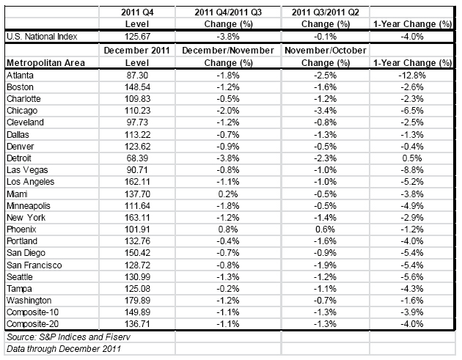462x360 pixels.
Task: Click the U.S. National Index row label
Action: (42, 37)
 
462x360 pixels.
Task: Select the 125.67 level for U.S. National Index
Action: (137, 37)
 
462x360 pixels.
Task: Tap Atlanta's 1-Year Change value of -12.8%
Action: (412, 76)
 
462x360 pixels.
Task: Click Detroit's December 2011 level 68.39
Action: (137, 158)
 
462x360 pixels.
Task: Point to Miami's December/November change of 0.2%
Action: (228, 194)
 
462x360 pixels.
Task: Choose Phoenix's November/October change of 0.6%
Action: (326, 229)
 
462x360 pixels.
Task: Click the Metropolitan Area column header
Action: (45, 63)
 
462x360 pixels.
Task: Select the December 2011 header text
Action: (137, 51)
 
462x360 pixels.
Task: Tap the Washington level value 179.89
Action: (137, 301)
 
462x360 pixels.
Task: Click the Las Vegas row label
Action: (27, 170)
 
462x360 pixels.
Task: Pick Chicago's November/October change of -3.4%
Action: (326, 111)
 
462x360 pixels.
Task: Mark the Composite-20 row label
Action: (32, 324)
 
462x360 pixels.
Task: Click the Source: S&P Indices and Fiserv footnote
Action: (68, 337)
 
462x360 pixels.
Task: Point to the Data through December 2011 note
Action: (64, 349)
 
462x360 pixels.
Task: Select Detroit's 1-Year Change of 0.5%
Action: (412, 158)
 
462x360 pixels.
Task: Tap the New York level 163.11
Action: (137, 218)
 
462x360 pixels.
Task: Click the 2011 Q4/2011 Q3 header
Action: (228, 12)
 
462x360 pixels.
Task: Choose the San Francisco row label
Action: (34, 265)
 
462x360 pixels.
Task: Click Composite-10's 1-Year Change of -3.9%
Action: (412, 312)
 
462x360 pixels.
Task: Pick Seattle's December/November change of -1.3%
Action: (228, 277)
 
